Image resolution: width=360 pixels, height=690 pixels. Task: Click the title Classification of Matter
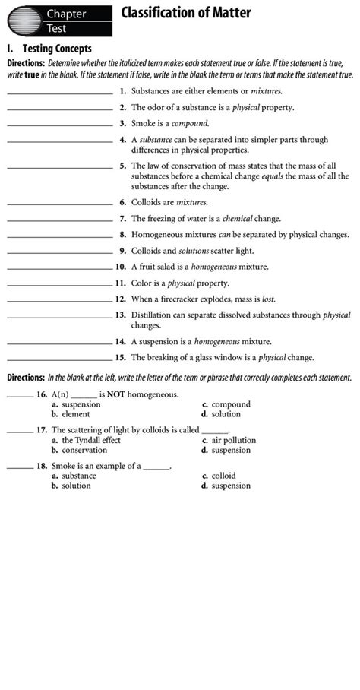pyautogui.click(x=185, y=13)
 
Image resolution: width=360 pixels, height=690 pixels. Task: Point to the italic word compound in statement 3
pyautogui.click(x=189, y=123)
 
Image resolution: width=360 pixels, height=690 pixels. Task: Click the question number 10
pyautogui.click(x=120, y=267)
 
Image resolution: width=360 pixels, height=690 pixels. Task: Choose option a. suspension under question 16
pyautogui.click(x=76, y=404)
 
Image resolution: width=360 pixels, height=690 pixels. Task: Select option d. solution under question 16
pyautogui.click(x=221, y=414)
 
